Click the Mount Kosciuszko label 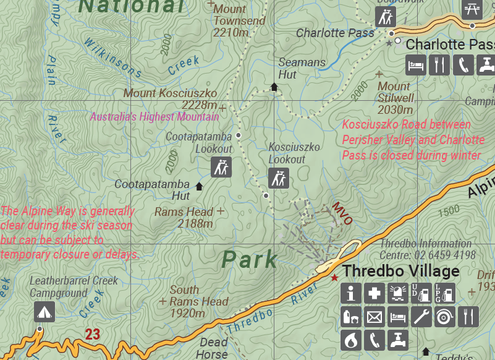[170, 93]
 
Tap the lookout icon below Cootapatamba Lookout [221, 167]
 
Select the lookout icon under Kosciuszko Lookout [279, 178]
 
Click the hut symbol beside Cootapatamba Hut [199, 186]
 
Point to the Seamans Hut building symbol [274, 87]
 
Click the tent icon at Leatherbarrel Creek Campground [44, 311]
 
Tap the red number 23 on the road [92, 335]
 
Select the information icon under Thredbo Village [350, 293]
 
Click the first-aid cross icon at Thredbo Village [374, 293]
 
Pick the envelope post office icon [374, 317]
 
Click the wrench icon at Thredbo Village [421, 317]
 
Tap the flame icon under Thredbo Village [350, 340]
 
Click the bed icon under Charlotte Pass [416, 64]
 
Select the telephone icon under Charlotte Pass [463, 64]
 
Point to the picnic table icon [472, 7]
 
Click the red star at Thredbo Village [334, 278]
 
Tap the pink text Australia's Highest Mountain [154, 117]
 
